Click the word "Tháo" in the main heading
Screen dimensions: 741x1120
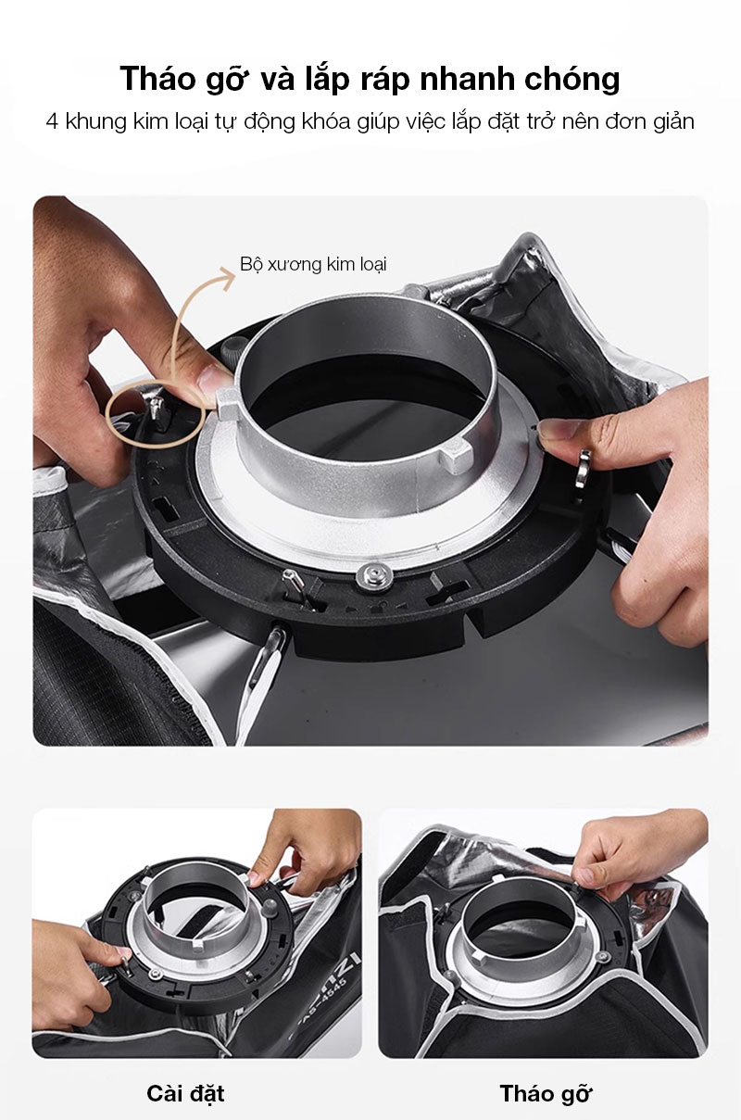(157, 79)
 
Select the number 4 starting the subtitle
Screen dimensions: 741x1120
(52, 121)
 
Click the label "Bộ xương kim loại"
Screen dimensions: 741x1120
(313, 264)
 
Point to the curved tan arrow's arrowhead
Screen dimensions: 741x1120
(227, 276)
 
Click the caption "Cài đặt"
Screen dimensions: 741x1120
(185, 1093)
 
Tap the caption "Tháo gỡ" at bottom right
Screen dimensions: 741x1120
(546, 1094)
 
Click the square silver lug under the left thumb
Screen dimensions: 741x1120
(228, 403)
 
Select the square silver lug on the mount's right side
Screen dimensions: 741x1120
(456, 456)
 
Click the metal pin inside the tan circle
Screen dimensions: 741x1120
(156, 409)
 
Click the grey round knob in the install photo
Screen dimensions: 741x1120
(270, 908)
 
